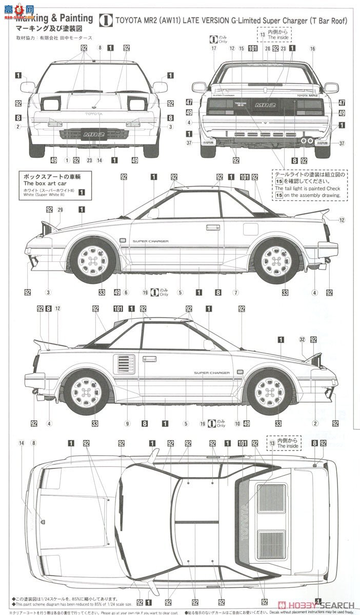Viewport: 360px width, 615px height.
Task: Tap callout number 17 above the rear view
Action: pos(214,48)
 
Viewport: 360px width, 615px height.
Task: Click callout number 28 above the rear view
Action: pos(267,48)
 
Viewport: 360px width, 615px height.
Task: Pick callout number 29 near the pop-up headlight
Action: pos(60,210)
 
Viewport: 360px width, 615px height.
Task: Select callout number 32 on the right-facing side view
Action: pos(302,339)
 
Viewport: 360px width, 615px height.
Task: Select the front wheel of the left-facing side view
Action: pos(93,260)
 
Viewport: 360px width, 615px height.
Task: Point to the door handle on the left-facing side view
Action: pos(213,227)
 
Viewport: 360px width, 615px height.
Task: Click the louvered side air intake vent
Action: pos(126,364)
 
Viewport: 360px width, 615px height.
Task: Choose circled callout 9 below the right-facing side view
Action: pos(127,424)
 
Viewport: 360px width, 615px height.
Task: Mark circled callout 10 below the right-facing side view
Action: pos(237,424)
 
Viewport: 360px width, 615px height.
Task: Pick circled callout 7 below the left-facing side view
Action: pos(236,293)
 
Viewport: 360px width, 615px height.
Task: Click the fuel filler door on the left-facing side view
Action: pos(250,229)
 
